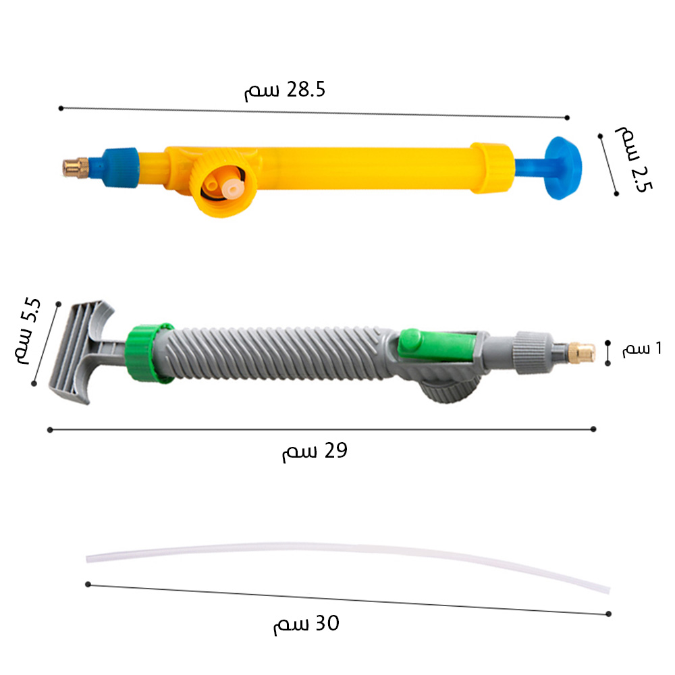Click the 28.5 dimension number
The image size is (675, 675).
(306, 90)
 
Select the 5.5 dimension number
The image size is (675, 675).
(31, 310)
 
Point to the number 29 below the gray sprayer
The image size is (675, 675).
(335, 450)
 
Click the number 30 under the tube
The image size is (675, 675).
(327, 623)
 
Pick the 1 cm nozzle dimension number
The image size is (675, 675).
(658, 348)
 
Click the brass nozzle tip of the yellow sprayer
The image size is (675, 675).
(76, 168)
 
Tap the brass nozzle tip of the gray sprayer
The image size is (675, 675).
(583, 352)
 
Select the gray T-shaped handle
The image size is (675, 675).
(82, 352)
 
